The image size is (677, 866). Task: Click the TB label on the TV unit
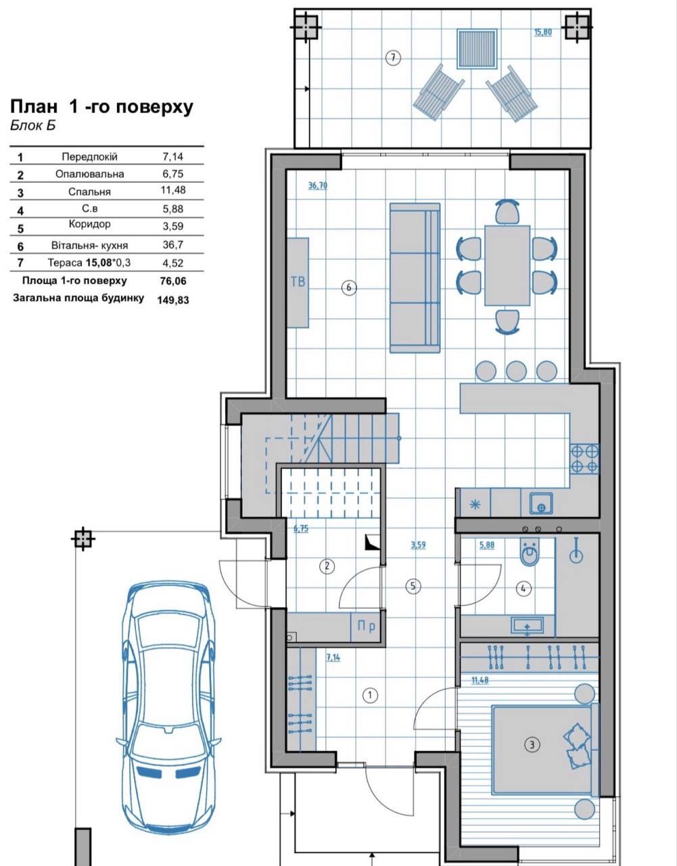(298, 281)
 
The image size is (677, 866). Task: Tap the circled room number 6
(349, 288)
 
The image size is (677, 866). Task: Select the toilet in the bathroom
(530, 552)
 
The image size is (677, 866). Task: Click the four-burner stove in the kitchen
(585, 459)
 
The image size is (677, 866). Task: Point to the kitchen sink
(541, 503)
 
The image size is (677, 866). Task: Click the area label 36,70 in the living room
(318, 185)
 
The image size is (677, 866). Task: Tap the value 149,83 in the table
(173, 300)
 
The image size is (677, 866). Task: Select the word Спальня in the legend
(89, 191)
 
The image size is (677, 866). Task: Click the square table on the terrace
(477, 49)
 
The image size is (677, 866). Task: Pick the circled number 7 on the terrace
(393, 58)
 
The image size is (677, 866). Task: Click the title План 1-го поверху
(101, 107)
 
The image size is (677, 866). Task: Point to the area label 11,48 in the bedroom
(480, 681)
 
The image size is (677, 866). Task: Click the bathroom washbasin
(528, 625)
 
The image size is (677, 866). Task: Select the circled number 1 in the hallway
(370, 696)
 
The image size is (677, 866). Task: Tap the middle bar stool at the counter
(516, 371)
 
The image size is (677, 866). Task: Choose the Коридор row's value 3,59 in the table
(173, 227)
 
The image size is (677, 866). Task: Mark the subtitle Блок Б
(32, 126)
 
